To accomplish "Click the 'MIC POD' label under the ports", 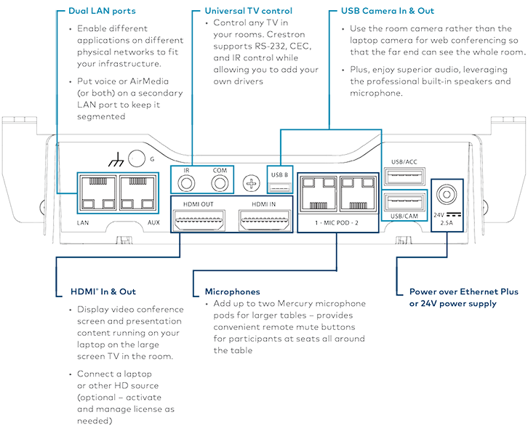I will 337,222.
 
